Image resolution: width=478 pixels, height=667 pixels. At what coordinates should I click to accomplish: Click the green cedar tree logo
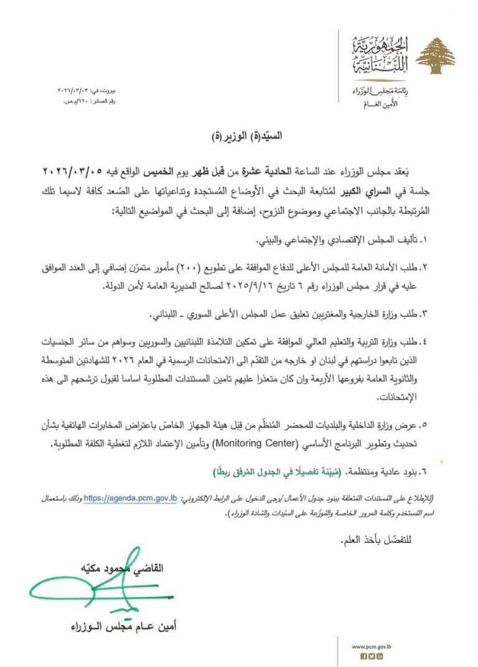[x=435, y=55]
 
